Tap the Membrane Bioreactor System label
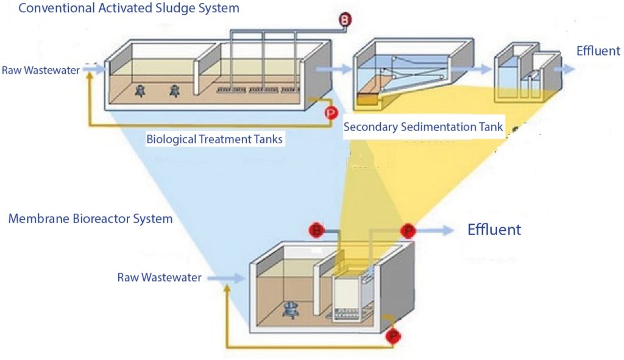coord(90,218)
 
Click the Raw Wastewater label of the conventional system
coord(41,70)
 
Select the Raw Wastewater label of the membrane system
coord(159,278)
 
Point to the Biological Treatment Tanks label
coord(214,139)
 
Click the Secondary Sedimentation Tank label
coord(424,127)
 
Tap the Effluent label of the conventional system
coord(598,51)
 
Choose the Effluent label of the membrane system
coord(494,230)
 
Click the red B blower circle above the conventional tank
coord(346,20)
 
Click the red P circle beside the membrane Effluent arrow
coord(406,230)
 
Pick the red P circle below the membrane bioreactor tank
coord(394,336)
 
